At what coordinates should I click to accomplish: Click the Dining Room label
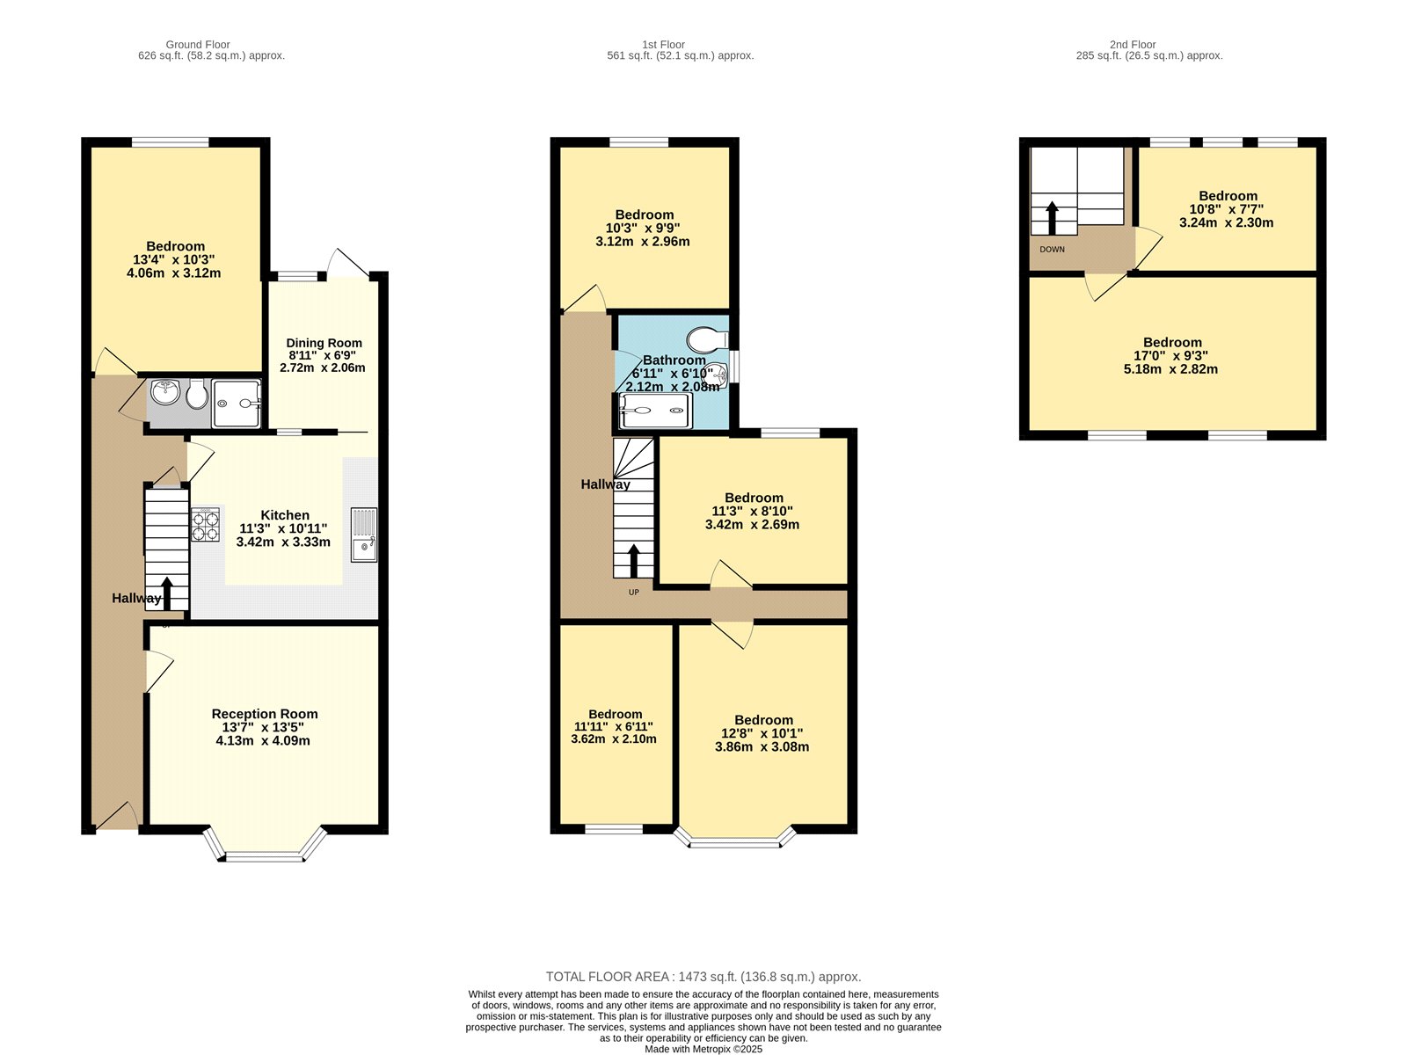(324, 343)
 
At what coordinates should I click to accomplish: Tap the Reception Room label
(264, 714)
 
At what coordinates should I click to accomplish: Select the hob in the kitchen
(205, 525)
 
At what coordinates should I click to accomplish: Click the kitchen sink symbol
(363, 535)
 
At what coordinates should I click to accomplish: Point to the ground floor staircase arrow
(167, 592)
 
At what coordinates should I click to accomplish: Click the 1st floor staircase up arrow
(634, 560)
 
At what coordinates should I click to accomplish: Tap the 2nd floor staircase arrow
(1052, 217)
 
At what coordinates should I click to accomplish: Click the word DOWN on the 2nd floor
(1052, 250)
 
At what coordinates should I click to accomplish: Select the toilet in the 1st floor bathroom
(707, 338)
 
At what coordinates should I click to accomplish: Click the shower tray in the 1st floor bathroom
(654, 410)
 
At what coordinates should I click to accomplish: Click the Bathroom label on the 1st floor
(674, 360)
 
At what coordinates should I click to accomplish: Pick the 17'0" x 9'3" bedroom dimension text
(1171, 356)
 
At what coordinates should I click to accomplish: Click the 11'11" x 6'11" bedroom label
(614, 727)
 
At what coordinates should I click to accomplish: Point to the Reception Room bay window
(264, 855)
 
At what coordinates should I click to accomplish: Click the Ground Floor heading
(198, 44)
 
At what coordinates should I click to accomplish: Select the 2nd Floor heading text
(1132, 44)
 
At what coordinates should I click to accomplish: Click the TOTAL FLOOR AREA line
(703, 977)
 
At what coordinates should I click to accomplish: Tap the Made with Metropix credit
(703, 1049)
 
